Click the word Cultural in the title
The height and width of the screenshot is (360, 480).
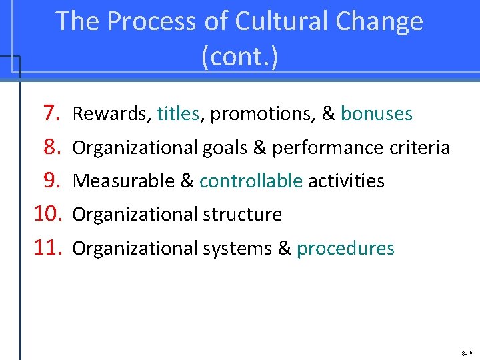279,22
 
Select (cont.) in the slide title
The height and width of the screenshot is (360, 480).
239,57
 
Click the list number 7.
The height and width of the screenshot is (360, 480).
52,114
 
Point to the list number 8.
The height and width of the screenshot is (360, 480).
52,147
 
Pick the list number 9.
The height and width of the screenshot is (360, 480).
52,181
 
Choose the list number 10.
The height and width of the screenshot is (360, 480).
47,215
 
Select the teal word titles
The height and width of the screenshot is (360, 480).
178,115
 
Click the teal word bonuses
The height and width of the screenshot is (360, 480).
377,115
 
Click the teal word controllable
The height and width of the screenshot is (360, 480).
251,181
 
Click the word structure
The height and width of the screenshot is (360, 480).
242,215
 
